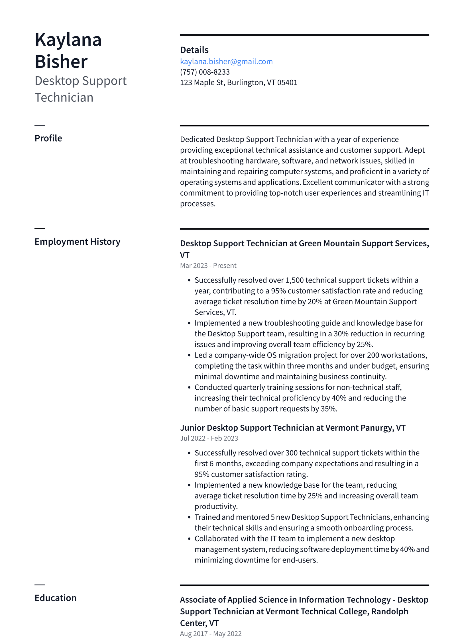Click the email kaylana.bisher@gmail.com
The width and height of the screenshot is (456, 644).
click(x=226, y=62)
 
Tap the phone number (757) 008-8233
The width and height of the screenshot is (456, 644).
click(x=205, y=72)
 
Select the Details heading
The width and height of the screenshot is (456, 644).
click(x=194, y=50)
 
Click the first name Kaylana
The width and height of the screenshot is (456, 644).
click(x=68, y=40)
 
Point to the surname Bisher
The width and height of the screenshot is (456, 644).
click(x=61, y=62)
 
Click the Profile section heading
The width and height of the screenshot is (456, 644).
click(x=48, y=138)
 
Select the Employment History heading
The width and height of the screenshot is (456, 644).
click(x=77, y=242)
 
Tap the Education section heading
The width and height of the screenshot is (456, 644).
click(x=55, y=598)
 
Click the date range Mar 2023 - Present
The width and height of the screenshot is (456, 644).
click(x=208, y=265)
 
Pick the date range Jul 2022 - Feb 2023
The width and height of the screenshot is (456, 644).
click(x=209, y=438)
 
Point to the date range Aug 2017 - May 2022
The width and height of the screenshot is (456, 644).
click(x=211, y=634)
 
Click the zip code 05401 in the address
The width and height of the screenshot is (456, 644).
click(x=287, y=83)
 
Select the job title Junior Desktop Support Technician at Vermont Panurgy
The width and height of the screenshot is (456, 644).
click(x=292, y=428)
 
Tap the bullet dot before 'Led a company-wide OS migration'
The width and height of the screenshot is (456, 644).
click(x=189, y=355)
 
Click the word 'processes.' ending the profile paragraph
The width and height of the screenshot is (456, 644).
click(x=198, y=204)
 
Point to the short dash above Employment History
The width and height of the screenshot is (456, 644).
click(x=40, y=228)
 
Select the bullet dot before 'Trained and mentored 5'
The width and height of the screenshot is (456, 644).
click(x=189, y=518)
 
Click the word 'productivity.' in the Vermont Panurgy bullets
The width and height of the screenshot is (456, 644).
click(x=216, y=506)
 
